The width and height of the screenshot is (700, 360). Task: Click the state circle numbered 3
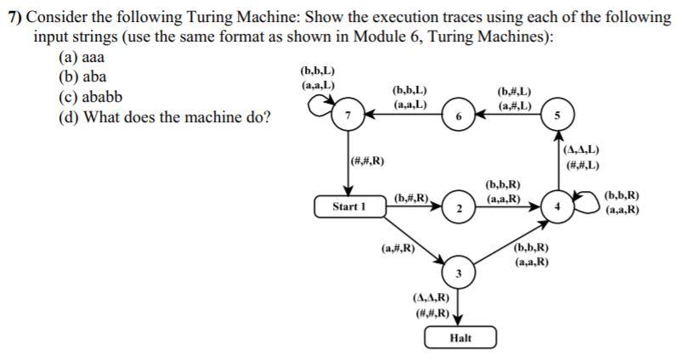[458, 272]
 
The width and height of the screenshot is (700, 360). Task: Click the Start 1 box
[349, 206]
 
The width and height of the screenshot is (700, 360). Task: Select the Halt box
[460, 338]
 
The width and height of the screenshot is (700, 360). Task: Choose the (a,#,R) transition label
[397, 249]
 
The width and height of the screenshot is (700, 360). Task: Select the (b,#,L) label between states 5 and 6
[516, 91]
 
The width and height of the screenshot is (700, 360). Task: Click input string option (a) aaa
[82, 58]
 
